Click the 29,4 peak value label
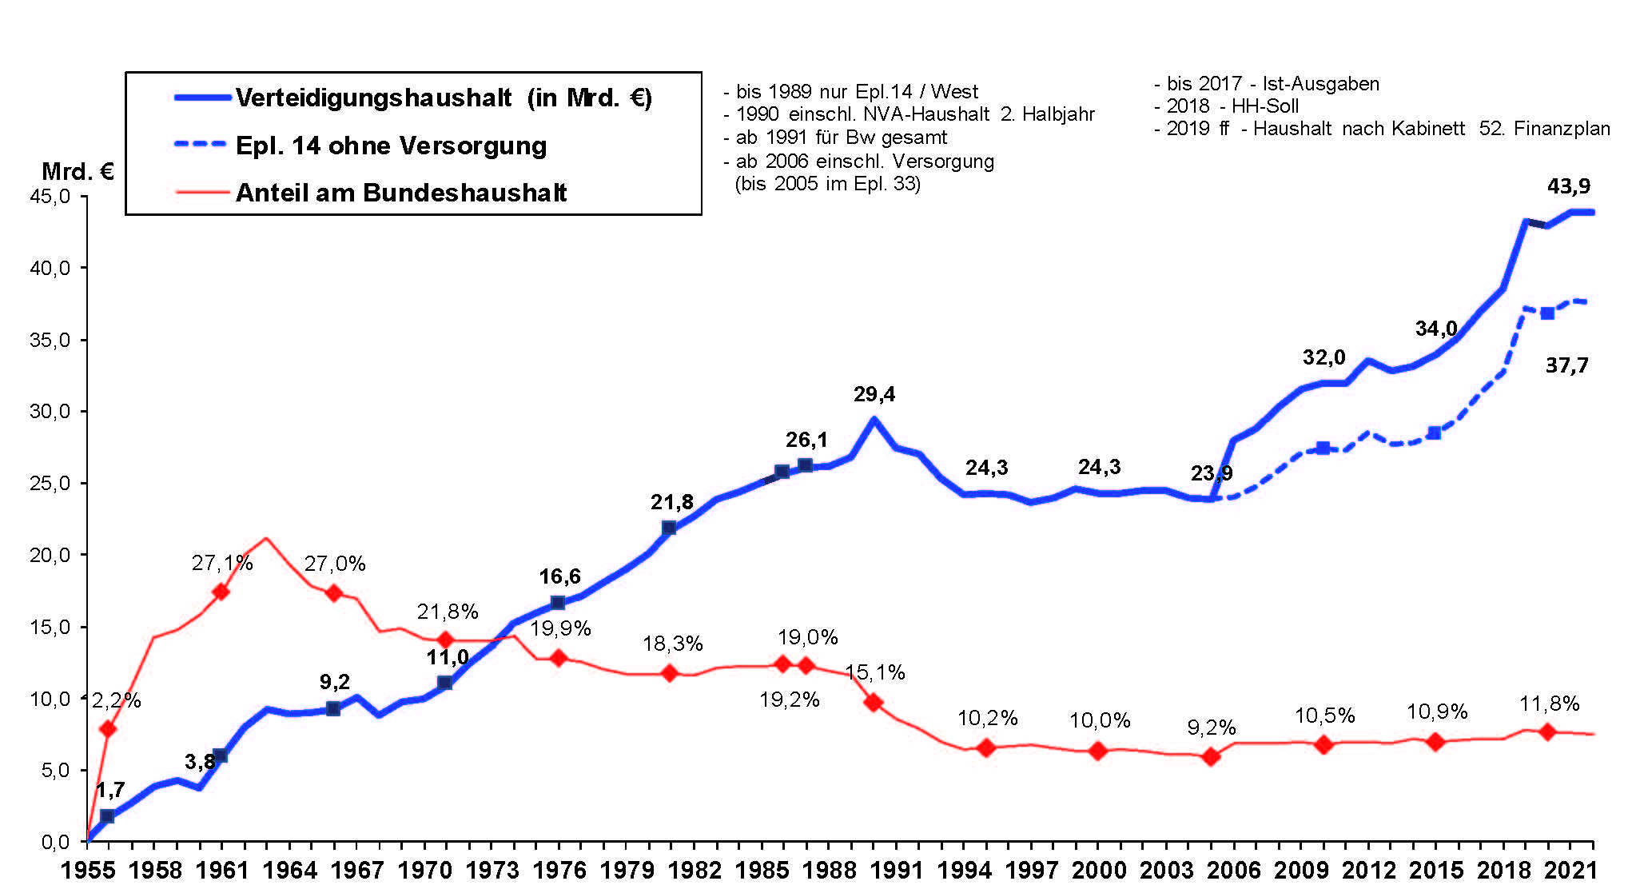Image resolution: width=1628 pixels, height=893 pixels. [x=874, y=394]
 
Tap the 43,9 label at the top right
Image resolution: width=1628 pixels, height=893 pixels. [x=1568, y=186]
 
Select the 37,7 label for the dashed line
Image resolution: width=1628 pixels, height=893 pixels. [x=1566, y=365]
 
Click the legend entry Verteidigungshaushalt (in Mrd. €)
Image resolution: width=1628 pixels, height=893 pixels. [x=444, y=98]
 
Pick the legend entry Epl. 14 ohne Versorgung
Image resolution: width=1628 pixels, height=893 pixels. [x=391, y=146]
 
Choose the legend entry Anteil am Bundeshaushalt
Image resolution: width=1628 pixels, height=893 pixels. [x=400, y=193]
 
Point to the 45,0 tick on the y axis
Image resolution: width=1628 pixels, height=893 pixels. [x=50, y=197]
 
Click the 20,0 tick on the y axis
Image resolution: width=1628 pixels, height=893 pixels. [x=50, y=555]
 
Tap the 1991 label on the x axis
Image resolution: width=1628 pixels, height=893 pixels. [x=897, y=871]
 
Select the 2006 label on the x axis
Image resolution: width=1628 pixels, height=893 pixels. [x=1233, y=871]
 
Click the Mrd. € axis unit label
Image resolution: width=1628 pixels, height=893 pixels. [x=78, y=171]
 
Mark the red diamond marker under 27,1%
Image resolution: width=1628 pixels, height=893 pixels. [x=221, y=592]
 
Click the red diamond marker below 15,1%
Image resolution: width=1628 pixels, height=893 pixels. [x=874, y=703]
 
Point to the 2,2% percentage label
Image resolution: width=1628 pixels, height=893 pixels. [x=116, y=701]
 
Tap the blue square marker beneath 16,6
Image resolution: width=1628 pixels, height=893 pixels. [x=558, y=603]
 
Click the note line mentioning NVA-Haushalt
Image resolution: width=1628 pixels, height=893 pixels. [x=909, y=114]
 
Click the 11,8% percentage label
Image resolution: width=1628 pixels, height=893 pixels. [x=1548, y=704]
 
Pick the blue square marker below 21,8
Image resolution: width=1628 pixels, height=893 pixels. [x=670, y=528]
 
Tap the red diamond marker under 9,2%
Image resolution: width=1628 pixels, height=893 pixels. [x=1211, y=756]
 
